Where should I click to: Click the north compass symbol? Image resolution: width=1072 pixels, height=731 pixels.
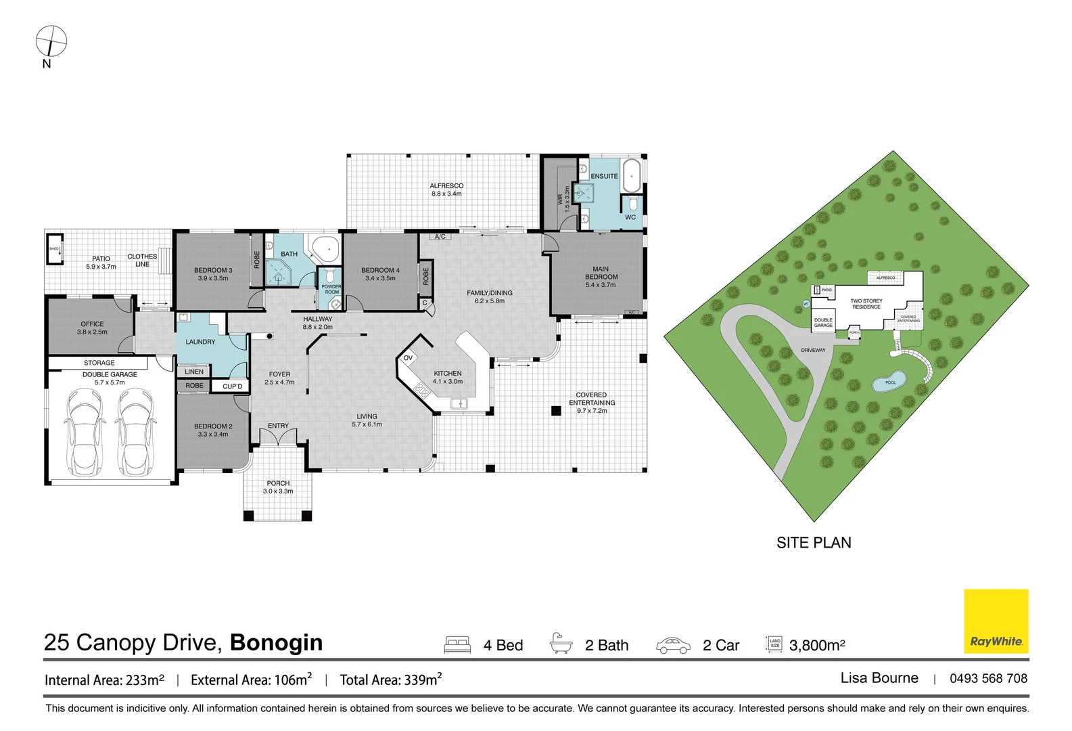click(x=51, y=41)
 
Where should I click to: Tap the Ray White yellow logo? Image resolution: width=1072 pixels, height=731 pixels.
click(x=996, y=621)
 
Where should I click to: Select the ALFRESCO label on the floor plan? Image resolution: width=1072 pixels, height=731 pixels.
click(x=446, y=185)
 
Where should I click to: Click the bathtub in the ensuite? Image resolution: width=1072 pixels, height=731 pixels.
click(x=631, y=176)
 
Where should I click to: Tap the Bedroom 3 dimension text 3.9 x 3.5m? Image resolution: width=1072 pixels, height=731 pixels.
click(x=213, y=278)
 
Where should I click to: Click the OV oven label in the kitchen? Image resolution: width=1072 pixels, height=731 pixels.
click(x=408, y=357)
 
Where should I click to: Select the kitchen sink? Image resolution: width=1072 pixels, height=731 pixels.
click(x=459, y=403)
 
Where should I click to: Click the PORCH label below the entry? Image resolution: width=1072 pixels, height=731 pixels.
click(x=278, y=483)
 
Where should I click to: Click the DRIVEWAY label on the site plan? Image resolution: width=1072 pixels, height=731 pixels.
click(x=813, y=350)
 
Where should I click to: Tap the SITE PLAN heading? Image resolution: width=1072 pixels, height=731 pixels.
click(x=814, y=542)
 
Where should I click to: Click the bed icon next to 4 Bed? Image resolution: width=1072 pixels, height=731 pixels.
click(x=457, y=644)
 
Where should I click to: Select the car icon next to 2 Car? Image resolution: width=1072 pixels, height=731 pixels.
click(x=673, y=645)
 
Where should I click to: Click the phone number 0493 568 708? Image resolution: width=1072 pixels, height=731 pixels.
click(x=987, y=678)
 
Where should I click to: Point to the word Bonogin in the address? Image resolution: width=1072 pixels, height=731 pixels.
click(x=276, y=642)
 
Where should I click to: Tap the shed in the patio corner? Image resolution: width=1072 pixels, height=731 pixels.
click(x=55, y=249)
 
